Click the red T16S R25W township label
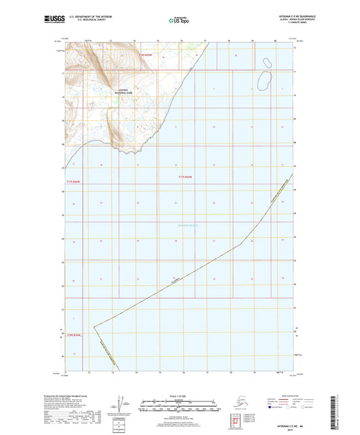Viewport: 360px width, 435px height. coord(147,55)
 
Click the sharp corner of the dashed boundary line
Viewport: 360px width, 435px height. coord(93,326)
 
